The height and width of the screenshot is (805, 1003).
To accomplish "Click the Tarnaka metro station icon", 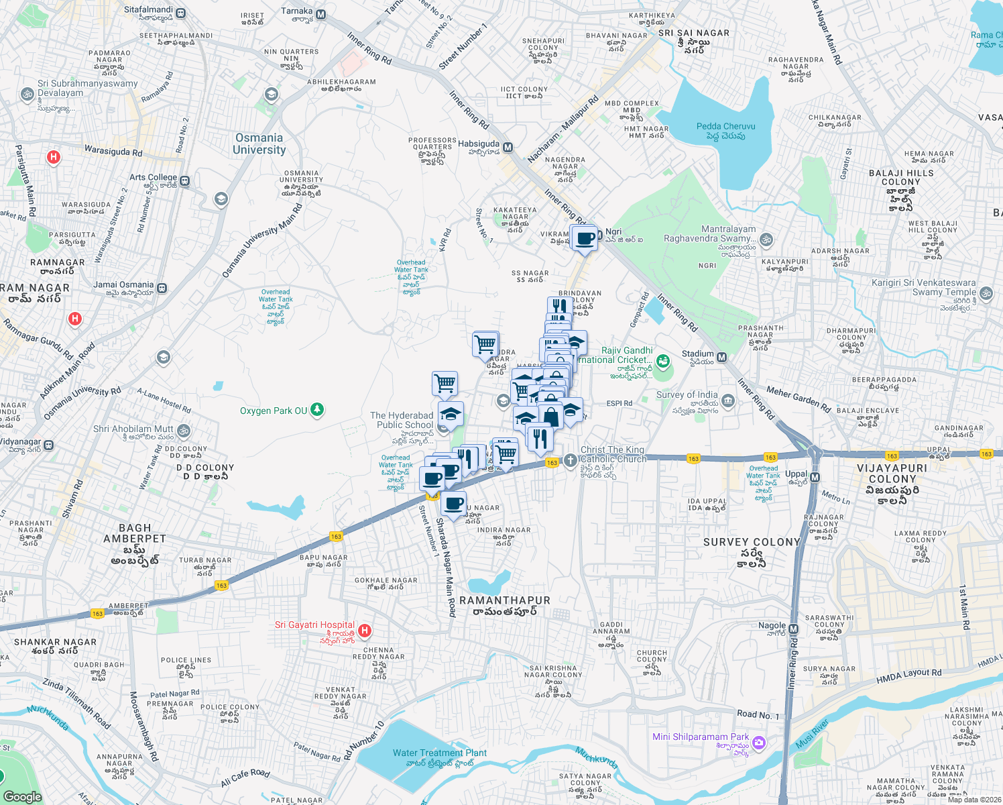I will tap(321, 14).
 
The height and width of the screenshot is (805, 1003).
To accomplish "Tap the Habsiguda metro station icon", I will tap(508, 147).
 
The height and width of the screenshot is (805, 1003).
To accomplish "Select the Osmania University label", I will tap(259, 144).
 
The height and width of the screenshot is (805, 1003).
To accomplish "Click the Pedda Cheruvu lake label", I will tap(725, 131).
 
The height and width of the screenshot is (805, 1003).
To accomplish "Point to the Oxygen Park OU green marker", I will tap(317, 409).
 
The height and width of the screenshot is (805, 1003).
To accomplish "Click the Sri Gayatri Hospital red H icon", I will tap(365, 630).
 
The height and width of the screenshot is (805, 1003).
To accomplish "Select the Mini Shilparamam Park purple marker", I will tap(758, 742).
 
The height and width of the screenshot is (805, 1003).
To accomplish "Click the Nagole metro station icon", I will tap(794, 629).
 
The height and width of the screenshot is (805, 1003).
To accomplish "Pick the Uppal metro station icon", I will tap(815, 477).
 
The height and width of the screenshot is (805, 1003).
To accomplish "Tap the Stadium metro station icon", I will tap(722, 357).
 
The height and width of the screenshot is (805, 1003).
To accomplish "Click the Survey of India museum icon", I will tap(728, 401).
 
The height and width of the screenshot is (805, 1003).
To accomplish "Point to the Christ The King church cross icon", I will tap(569, 460).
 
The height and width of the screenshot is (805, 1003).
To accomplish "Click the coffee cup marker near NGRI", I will tap(585, 238).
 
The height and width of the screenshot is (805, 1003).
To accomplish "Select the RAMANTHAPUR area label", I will tap(504, 601).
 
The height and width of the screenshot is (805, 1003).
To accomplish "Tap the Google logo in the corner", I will tap(22, 796).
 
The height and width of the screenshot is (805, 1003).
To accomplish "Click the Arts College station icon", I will tap(185, 181).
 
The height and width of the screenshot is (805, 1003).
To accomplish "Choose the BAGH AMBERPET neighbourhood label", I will tap(134, 533).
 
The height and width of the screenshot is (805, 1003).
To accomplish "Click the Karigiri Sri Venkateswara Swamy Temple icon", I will tap(986, 293).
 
